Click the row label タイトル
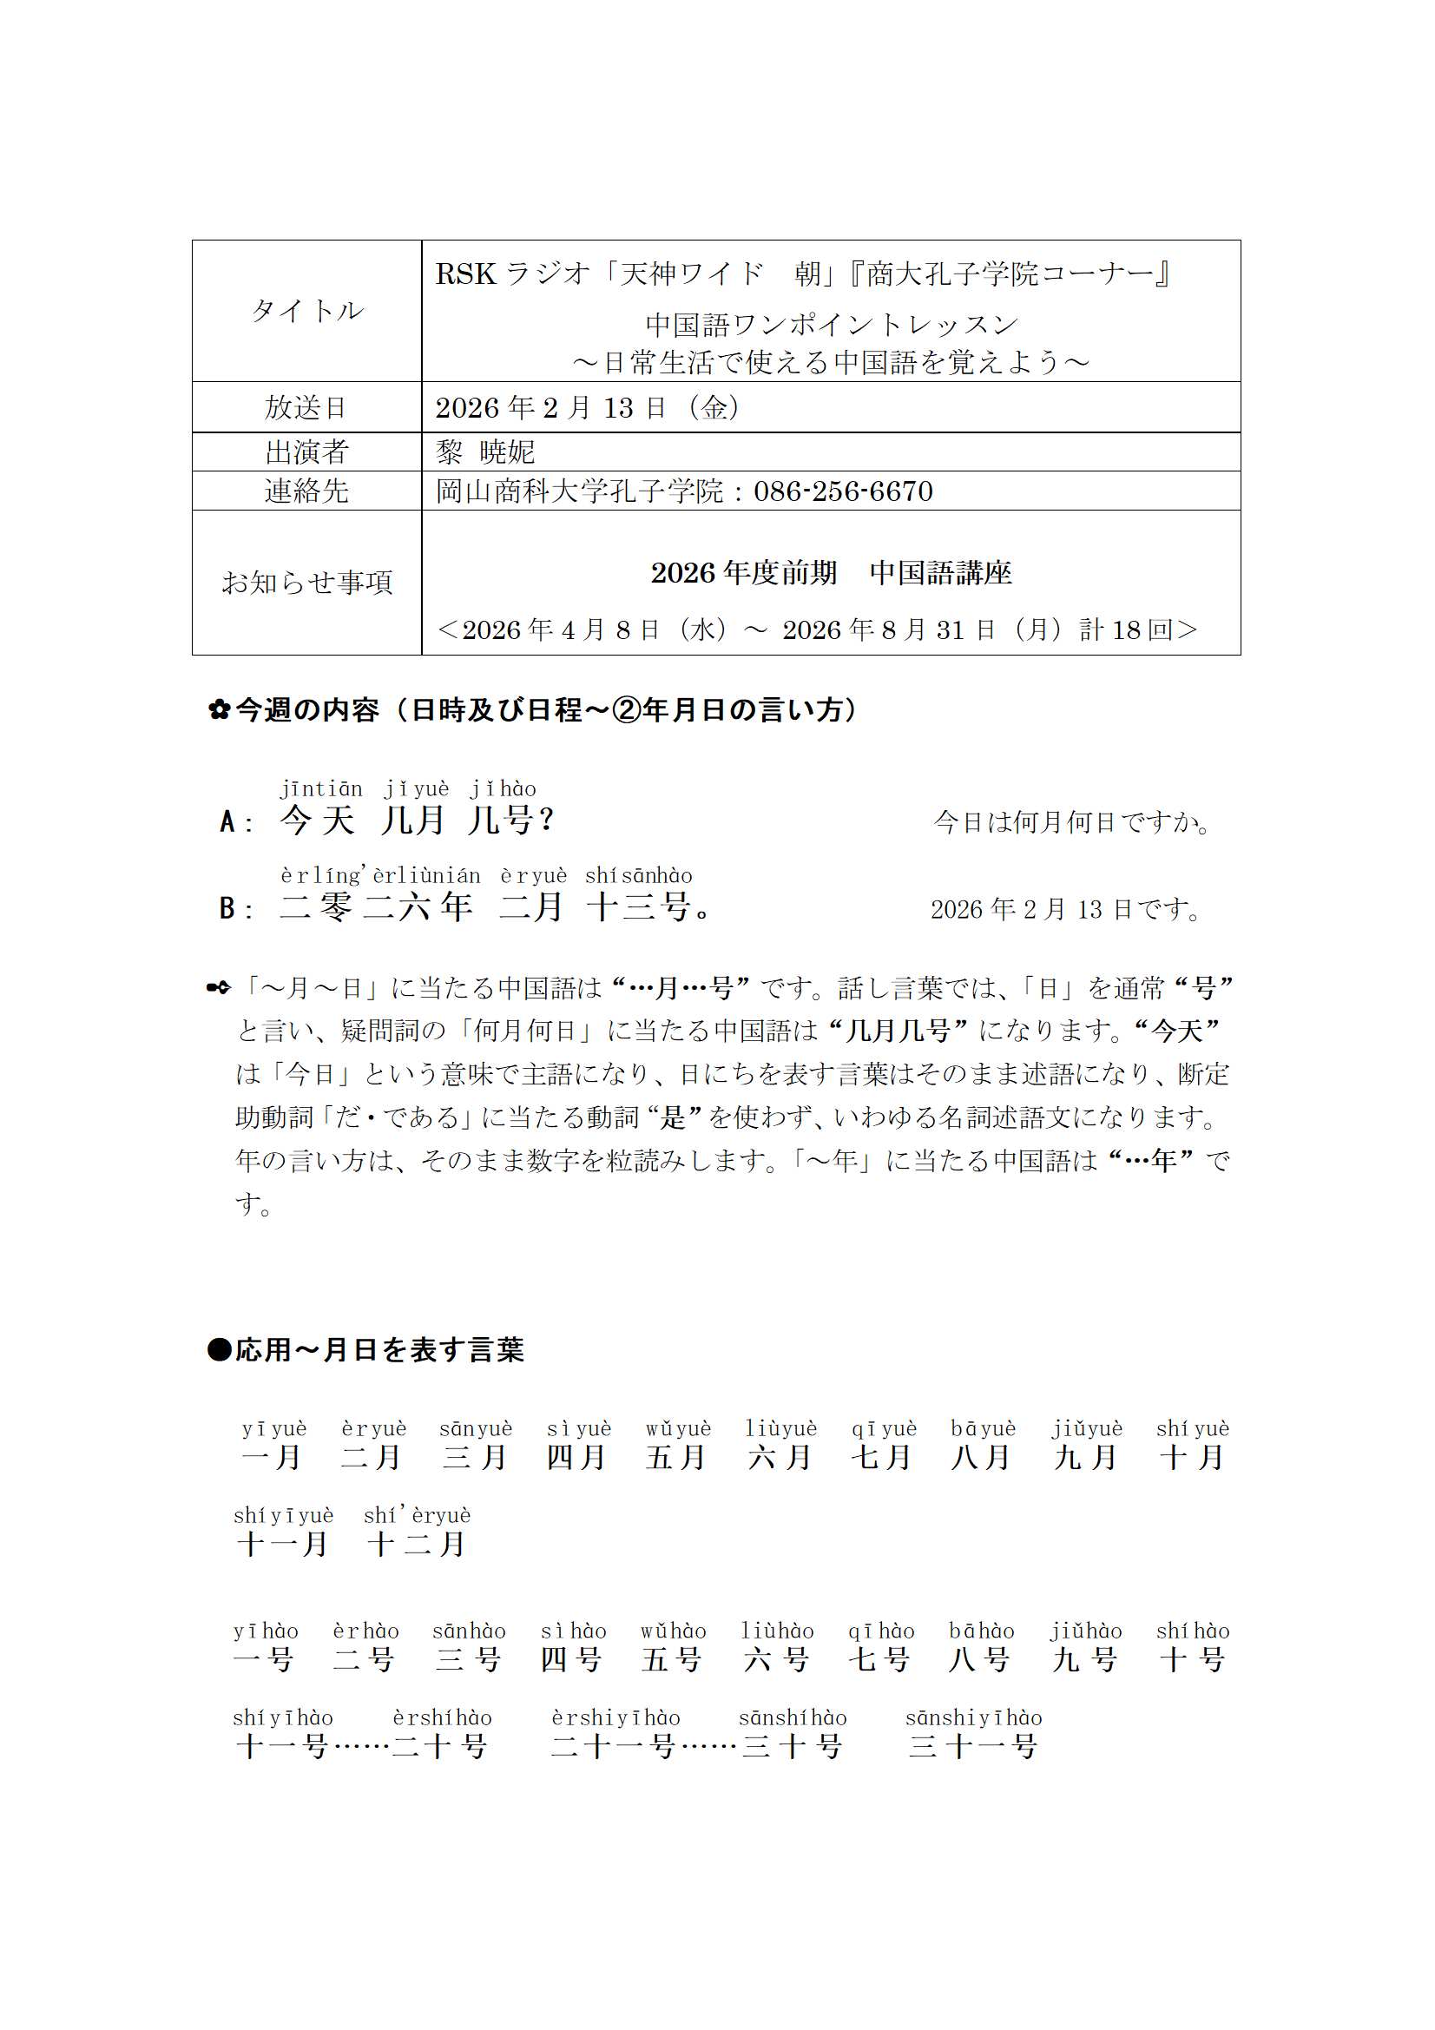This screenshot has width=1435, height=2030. click(306, 310)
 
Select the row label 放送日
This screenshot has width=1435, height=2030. click(306, 406)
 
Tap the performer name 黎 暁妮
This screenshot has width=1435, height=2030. click(484, 451)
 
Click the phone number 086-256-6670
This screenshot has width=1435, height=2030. click(843, 491)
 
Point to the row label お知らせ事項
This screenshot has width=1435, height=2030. click(306, 582)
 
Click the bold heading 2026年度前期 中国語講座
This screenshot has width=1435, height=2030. click(831, 573)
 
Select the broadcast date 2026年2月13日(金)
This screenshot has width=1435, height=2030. click(588, 406)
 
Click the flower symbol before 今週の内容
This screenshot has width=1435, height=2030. click(220, 709)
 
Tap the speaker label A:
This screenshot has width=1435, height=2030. click(236, 822)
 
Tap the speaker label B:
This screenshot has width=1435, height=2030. click(236, 908)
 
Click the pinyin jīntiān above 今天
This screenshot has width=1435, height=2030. click(321, 788)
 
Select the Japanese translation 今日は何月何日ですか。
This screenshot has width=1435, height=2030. click(1071, 822)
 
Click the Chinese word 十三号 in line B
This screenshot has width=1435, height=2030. click(638, 907)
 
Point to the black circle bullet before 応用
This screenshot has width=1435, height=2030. click(219, 1350)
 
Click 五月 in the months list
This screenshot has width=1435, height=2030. click(675, 1457)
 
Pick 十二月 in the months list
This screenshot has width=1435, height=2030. click(417, 1544)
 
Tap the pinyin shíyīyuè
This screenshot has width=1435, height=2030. click(284, 1515)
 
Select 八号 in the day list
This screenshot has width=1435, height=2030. click(978, 1659)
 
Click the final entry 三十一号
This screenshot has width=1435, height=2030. click(972, 1746)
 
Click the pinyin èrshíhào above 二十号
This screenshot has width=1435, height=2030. click(442, 1718)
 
